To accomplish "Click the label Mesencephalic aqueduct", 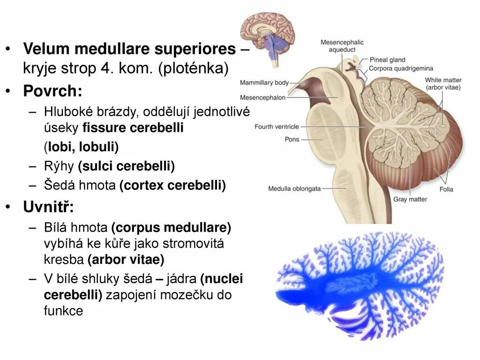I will point(342,46).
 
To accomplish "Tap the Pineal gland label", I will point(387,60).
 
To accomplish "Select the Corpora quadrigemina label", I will point(399,68).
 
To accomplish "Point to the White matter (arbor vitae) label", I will point(443,83).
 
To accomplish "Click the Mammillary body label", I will point(264,82).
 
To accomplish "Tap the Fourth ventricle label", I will point(277,127).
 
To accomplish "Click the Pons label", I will point(292,139).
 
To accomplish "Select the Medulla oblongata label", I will point(294,189).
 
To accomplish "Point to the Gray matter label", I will point(410,199).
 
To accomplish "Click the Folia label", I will point(446,189).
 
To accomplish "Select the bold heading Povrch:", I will point(49,90).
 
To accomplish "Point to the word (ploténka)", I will point(193,69).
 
